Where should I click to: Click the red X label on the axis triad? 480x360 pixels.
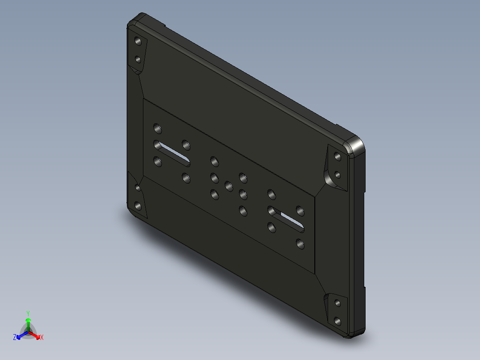pyautogui.click(x=41, y=338)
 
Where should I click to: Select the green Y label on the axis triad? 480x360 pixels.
pyautogui.click(x=28, y=313)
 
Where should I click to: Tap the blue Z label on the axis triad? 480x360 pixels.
pyautogui.click(x=15, y=338)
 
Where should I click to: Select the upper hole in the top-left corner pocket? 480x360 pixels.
pyautogui.click(x=138, y=41)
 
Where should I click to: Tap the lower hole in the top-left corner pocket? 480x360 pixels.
pyautogui.click(x=138, y=59)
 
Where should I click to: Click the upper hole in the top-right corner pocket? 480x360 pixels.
pyautogui.click(x=338, y=157)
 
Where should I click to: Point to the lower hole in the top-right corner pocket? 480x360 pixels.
pyautogui.click(x=338, y=175)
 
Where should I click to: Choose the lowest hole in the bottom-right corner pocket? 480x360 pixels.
pyautogui.click(x=338, y=321)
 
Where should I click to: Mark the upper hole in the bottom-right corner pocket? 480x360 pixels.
pyautogui.click(x=338, y=303)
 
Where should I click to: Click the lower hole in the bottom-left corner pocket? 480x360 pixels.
pyautogui.click(x=138, y=206)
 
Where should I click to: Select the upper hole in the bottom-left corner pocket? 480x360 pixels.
pyautogui.click(x=138, y=188)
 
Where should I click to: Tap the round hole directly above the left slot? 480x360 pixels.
pyautogui.click(x=157, y=128)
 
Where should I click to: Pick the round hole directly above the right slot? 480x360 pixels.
pyautogui.click(x=271, y=194)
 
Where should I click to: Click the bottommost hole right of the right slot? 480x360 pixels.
pyautogui.click(x=300, y=244)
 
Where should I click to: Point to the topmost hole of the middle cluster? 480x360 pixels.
pyautogui.click(x=214, y=160)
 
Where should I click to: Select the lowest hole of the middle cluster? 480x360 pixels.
pyautogui.click(x=243, y=211)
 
